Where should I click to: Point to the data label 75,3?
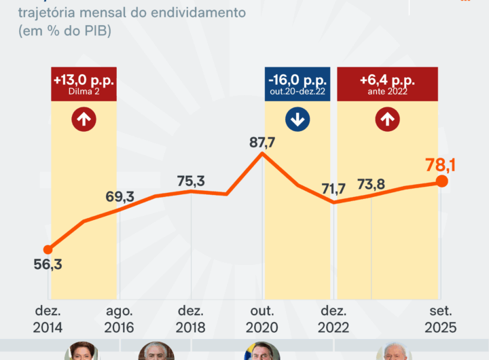pyautogui.click(x=191, y=181)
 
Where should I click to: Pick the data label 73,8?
pyautogui.click(x=372, y=185)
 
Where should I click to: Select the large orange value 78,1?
pyautogui.click(x=441, y=164)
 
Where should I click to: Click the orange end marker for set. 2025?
pyautogui.click(x=441, y=181)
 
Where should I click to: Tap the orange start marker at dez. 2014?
pyautogui.click(x=48, y=249)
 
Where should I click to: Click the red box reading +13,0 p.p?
pyautogui.click(x=84, y=84)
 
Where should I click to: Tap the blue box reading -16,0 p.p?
pyautogui.click(x=297, y=84)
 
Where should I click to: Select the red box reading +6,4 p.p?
pyautogui.click(x=388, y=84)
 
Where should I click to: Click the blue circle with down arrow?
pyautogui.click(x=297, y=120)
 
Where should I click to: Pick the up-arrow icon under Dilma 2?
pyautogui.click(x=84, y=120)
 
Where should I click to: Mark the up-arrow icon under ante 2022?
pyautogui.click(x=388, y=120)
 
